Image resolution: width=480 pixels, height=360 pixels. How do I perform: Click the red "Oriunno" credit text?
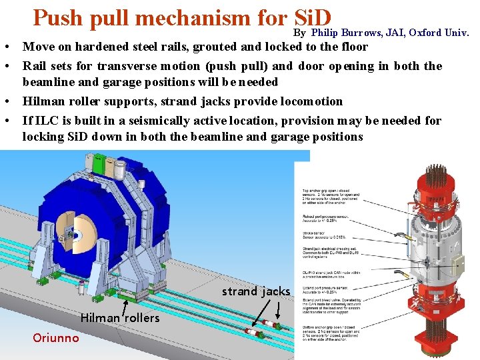click(55, 338)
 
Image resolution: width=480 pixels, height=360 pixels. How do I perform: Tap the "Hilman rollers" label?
click(120, 318)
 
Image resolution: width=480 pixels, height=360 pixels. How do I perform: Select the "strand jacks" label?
click(256, 291)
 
